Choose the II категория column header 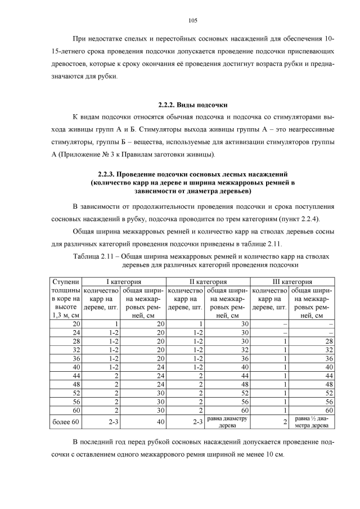pos(207,281)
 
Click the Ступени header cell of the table pos(66,281)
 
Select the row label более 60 pos(66,422)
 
